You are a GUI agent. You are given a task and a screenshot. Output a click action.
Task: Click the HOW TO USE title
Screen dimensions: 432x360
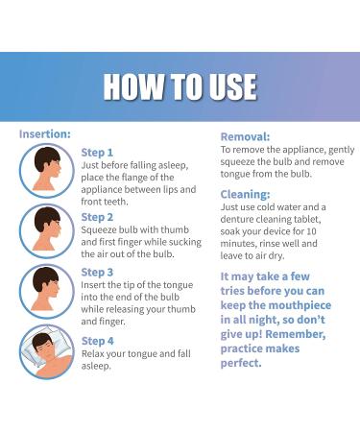(x=180, y=86)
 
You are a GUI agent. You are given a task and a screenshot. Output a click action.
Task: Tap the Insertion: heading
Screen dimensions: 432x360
(x=44, y=133)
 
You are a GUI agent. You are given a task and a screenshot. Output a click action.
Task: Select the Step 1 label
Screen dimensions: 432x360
(x=97, y=152)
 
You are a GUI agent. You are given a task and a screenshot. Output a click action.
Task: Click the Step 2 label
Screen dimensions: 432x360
(x=97, y=217)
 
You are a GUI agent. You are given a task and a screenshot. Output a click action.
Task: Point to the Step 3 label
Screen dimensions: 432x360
(x=97, y=272)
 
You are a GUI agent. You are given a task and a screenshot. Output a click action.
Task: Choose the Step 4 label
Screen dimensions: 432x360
(x=97, y=340)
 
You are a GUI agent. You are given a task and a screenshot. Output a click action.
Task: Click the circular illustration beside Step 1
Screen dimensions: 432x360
(x=46, y=171)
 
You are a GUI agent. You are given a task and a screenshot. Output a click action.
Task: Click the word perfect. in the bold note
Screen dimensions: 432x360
(x=241, y=364)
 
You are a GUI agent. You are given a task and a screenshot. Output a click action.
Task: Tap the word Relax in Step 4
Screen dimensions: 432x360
(x=97, y=354)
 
